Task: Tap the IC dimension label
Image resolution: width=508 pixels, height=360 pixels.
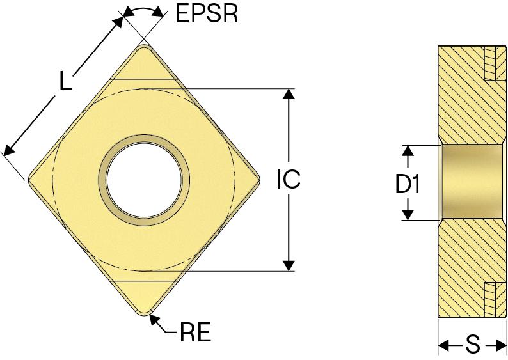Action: tap(289, 180)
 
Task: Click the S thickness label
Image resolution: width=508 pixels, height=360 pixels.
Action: tap(473, 346)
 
